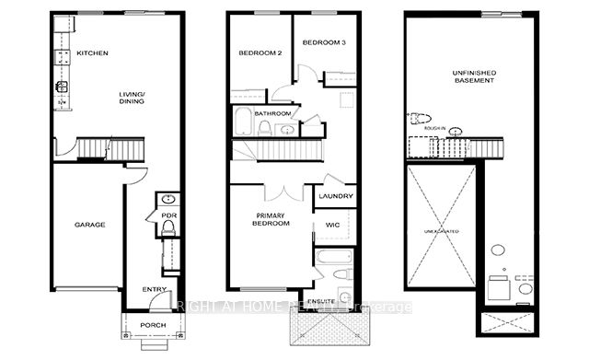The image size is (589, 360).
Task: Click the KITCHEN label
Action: tap(93, 53)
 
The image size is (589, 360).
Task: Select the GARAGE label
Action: tap(90, 225)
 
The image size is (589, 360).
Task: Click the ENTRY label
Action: tap(155, 289)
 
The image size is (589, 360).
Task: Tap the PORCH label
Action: tap(153, 326)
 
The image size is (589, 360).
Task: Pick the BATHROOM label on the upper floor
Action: tap(273, 113)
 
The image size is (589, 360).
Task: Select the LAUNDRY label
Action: tap(335, 195)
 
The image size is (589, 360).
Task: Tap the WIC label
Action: tap(333, 225)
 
